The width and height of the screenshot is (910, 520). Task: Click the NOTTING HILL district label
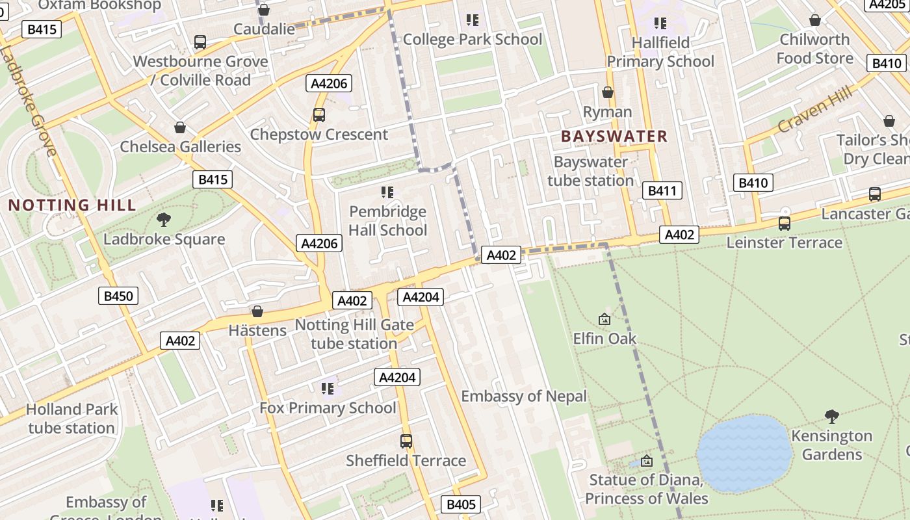tap(72, 205)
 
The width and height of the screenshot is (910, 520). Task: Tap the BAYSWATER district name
tap(614, 136)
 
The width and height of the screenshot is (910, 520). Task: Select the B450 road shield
tap(118, 296)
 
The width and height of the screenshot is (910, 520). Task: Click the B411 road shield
tap(662, 190)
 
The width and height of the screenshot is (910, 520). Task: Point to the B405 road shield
tap(461, 504)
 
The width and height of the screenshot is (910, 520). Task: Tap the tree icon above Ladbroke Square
tap(164, 220)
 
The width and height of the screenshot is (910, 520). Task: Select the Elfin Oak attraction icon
tap(604, 319)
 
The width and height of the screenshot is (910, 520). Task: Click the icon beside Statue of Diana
tap(646, 461)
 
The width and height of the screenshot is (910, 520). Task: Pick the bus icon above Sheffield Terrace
tap(406, 441)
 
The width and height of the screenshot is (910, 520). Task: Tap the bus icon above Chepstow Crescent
tap(318, 115)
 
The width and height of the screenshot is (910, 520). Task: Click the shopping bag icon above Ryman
tap(607, 93)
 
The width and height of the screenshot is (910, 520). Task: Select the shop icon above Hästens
tap(257, 311)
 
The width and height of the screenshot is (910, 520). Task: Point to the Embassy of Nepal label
tap(524, 396)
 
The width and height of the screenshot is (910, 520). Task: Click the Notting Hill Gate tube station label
tap(354, 334)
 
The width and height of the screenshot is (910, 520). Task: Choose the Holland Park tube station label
tap(71, 419)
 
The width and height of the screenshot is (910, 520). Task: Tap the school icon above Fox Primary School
tap(328, 389)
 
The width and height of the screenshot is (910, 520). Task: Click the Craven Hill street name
tap(814, 109)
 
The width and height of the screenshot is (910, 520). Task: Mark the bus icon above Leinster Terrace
tap(785, 224)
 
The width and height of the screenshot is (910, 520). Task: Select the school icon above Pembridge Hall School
tap(387, 192)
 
